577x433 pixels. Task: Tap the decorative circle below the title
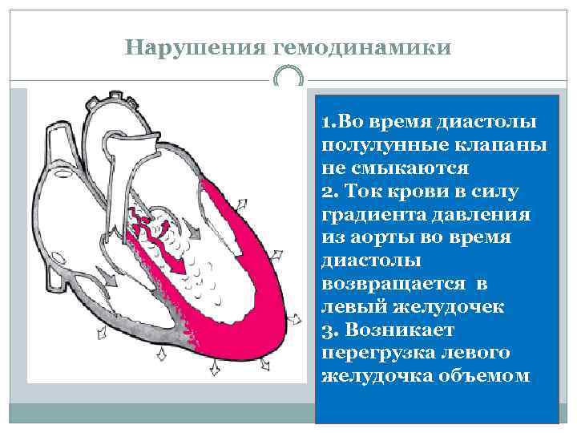(288, 78)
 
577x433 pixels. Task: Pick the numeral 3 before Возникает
(325, 330)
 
